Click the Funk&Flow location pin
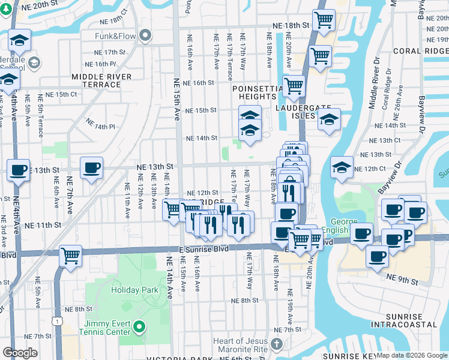coord(145,37)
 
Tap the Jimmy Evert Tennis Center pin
coord(139,327)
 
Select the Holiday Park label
coord(134,290)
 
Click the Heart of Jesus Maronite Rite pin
coord(276,344)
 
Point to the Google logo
coord(20,353)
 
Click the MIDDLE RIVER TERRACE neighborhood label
coord(96,80)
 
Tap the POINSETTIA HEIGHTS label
coord(257,92)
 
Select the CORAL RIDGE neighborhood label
coord(420,52)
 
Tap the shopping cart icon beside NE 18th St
coord(324,20)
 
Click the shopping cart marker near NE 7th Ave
coord(71,255)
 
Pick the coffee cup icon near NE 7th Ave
coord(91,168)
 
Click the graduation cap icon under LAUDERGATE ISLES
coord(329,120)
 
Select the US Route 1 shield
coord(58,322)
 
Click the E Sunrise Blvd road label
coord(203,248)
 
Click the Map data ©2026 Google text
coord(412,355)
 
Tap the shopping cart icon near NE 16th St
coord(294,85)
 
